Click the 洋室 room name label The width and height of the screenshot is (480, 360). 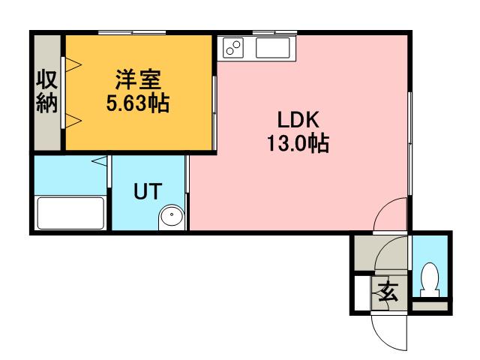click(137, 79)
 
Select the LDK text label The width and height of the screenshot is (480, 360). click(298, 120)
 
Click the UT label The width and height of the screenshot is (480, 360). click(146, 191)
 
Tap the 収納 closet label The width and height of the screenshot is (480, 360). click(46, 91)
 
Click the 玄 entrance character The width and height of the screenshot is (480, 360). click(390, 290)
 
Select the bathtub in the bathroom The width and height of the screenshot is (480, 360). click(70, 214)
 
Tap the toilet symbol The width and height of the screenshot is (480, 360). click(430, 280)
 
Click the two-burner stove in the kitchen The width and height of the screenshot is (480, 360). click(234, 48)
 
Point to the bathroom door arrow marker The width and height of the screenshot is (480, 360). click(99, 160)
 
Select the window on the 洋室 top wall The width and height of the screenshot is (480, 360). click(131, 32)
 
